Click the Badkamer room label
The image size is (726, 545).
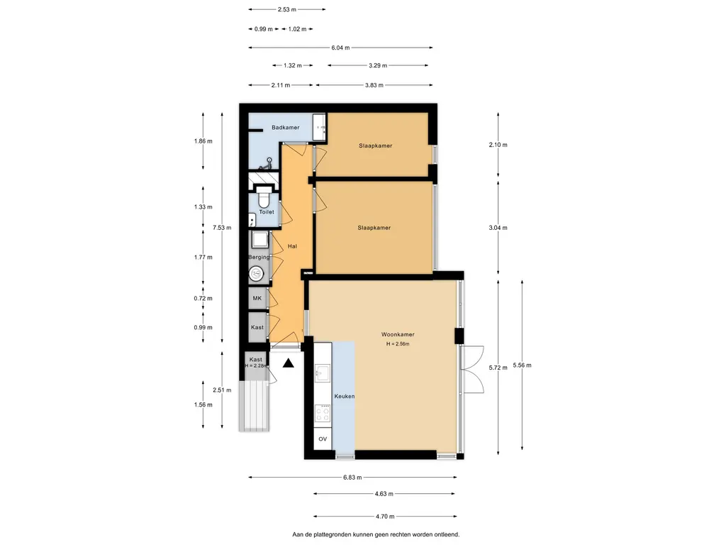pos(285,128)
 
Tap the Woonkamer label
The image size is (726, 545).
pos(398,334)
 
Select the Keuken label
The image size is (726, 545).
pos(345,396)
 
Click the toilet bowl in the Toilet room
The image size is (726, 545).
pos(264,198)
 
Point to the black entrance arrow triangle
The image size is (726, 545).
pos(289,363)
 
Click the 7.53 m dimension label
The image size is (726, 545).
pos(222,228)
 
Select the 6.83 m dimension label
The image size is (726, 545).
pos(352,478)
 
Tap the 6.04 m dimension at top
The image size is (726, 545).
pos(340,48)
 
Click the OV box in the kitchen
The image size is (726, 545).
pos(323,439)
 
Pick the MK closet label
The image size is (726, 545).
pos(257,299)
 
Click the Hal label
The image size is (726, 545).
pos(292,246)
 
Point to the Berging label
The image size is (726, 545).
pos(259,257)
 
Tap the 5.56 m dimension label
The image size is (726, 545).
pos(522,365)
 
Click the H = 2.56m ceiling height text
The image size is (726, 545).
pos(398,344)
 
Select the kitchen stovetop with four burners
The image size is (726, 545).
pos(323,413)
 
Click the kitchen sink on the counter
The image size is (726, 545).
pos(322,372)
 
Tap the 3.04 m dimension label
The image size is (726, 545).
pos(498,228)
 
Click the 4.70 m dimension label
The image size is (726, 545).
pos(385,517)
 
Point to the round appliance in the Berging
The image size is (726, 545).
pos(256,273)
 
